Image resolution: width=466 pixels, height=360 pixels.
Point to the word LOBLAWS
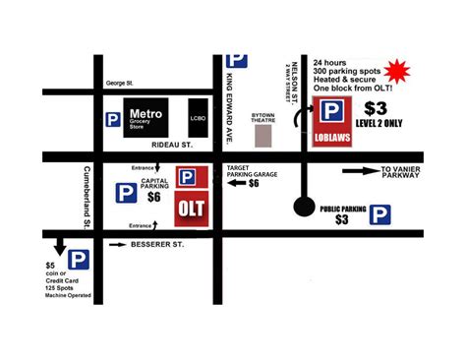point(334,140)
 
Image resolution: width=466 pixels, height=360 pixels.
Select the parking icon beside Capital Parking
point(125,194)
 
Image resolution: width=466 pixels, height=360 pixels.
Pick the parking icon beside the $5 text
point(79,260)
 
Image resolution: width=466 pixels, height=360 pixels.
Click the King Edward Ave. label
point(227,108)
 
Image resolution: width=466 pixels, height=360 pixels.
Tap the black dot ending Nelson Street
point(306,207)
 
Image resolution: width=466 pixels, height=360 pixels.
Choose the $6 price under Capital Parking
point(153,197)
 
